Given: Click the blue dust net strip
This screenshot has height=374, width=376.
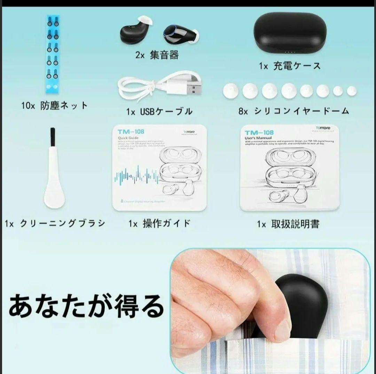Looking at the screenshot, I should [x=53, y=54].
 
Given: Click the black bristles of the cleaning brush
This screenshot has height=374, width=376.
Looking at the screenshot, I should [x=53, y=137].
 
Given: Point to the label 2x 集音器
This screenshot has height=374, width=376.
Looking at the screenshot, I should [x=157, y=55].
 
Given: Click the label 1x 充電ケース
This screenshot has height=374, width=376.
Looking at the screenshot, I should [x=290, y=66].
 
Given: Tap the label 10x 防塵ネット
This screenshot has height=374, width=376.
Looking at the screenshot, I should [x=54, y=106].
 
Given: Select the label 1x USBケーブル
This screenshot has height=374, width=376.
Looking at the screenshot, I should [x=159, y=111].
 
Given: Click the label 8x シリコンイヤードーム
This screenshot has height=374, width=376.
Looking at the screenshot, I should [x=293, y=111].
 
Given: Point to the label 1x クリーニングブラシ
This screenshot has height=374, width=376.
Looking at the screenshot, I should [x=55, y=224].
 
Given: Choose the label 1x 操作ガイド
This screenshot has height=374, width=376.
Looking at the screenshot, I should [x=159, y=224].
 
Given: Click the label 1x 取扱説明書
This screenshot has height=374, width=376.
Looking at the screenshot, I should [x=288, y=224].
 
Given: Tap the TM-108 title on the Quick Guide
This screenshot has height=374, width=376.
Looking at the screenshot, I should [x=131, y=132].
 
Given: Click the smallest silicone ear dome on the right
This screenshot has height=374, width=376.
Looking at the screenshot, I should [x=352, y=91].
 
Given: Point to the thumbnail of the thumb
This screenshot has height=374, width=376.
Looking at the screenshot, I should [x=282, y=329].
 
